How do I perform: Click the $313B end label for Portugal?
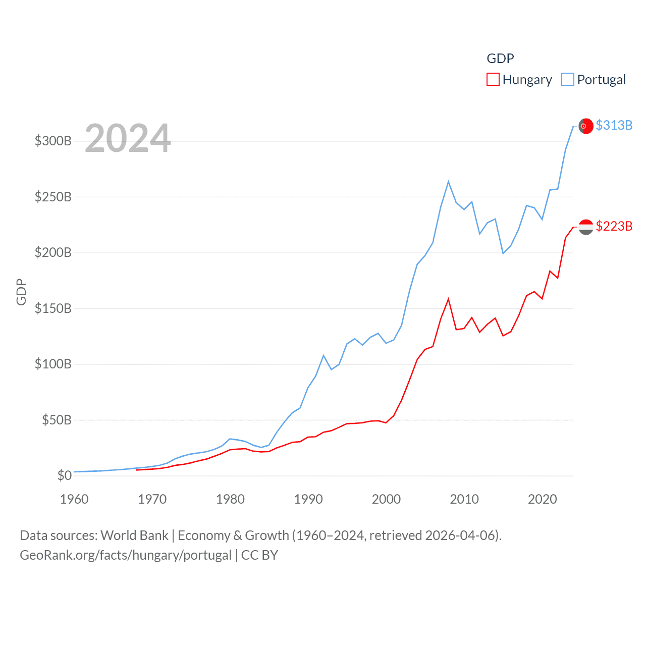click(x=614, y=125)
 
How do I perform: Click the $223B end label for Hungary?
click(x=614, y=226)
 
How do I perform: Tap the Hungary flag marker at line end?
click(x=585, y=227)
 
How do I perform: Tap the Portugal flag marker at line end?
click(x=585, y=126)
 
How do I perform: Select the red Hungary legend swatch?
click(x=493, y=80)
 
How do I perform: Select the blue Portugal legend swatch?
click(x=568, y=80)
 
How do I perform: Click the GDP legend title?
click(x=500, y=59)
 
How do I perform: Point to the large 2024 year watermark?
click(x=128, y=138)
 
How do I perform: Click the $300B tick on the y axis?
click(x=53, y=141)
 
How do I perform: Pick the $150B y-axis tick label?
click(x=53, y=308)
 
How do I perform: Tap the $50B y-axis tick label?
click(x=57, y=420)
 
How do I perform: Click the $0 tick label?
click(x=64, y=475)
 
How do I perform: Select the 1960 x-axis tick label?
click(x=74, y=499)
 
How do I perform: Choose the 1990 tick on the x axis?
click(x=308, y=499)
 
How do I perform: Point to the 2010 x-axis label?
click(x=464, y=499)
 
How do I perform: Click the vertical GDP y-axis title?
click(x=21, y=292)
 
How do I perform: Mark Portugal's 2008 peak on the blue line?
click(x=448, y=182)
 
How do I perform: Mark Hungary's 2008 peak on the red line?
click(x=448, y=299)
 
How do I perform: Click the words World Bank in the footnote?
click(x=134, y=535)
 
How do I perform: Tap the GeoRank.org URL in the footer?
click(x=126, y=555)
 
